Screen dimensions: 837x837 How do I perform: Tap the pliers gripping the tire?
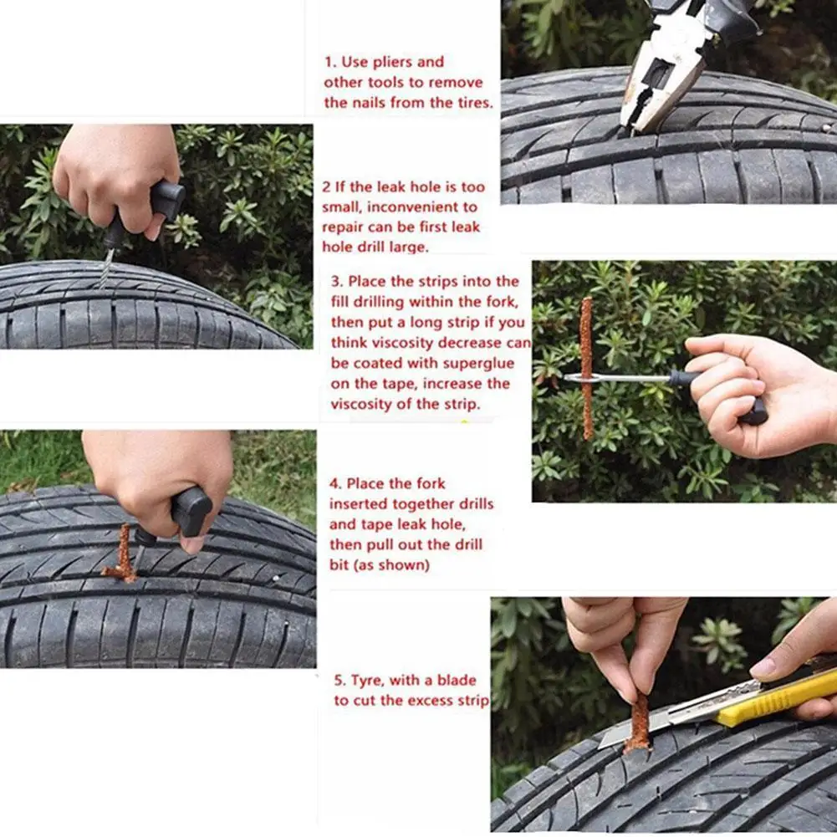tap(678, 59)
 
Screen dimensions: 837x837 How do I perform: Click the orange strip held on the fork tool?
tap(587, 368)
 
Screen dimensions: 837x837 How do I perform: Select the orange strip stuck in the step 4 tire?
tap(122, 556)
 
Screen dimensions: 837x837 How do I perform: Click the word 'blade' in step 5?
tap(457, 680)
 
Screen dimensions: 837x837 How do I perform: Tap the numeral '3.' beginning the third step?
tap(337, 281)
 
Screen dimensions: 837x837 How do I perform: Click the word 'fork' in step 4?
tap(431, 483)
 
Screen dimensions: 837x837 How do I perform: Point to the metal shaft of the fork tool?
tap(620, 379)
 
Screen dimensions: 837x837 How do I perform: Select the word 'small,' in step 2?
tap(342, 207)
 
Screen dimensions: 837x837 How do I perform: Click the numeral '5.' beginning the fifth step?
tap(340, 681)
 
